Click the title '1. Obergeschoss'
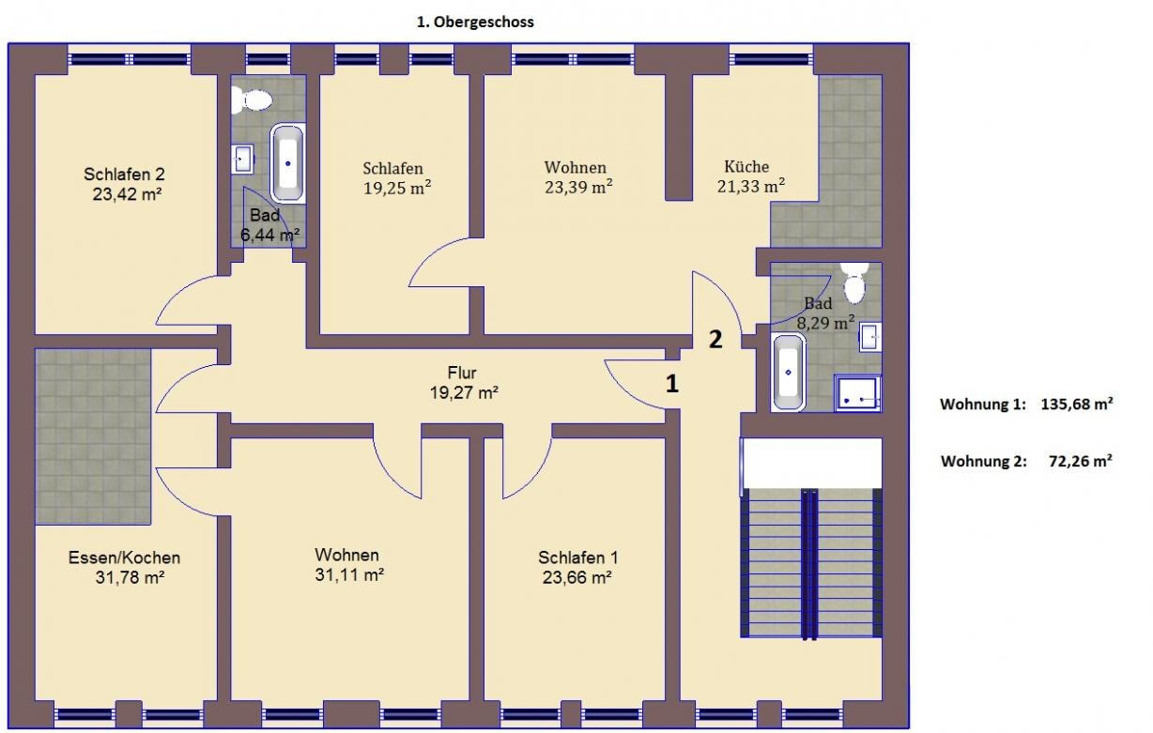tap(475, 23)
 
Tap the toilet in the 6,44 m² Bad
tap(252, 99)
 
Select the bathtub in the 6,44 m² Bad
tap(287, 163)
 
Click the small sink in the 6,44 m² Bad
tap(242, 159)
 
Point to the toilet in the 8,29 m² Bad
tap(855, 283)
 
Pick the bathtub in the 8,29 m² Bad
tap(788, 372)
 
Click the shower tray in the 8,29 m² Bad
tap(857, 393)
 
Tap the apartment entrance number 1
tap(672, 384)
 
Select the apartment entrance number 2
tap(715, 340)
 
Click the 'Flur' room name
tap(462, 372)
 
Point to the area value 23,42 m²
tap(128, 194)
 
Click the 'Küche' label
tap(746, 166)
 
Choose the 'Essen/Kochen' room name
tap(124, 557)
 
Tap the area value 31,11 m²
tap(349, 574)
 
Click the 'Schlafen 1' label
tap(578, 557)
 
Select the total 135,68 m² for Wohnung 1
tap(1077, 405)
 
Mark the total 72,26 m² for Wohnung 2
tap(1081, 461)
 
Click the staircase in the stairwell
tap(811, 563)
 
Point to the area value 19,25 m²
tap(397, 189)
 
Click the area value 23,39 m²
tap(578, 187)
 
